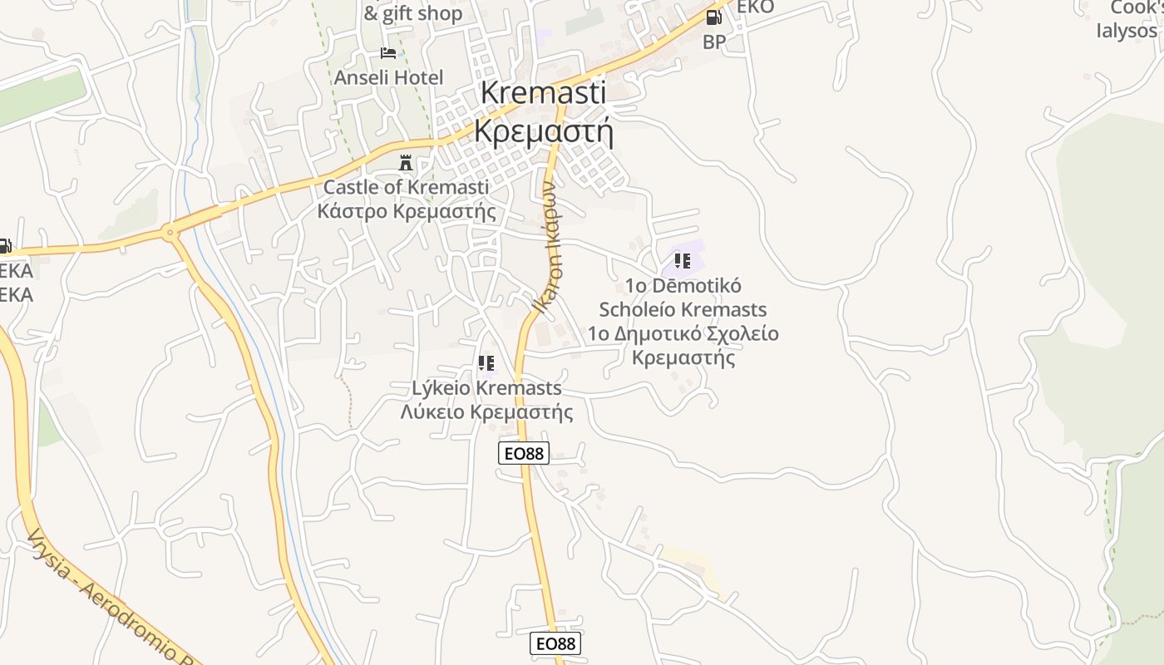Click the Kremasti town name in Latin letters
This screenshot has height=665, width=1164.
[x=543, y=92]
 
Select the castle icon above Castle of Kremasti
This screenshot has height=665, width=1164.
[x=406, y=162]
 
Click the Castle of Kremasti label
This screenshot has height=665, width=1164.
[x=406, y=187]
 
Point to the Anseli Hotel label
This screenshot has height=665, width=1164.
[x=388, y=77]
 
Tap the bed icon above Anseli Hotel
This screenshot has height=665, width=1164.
[x=388, y=53]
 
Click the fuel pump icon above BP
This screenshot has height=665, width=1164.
[x=713, y=17]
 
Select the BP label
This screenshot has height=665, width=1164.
[x=713, y=42]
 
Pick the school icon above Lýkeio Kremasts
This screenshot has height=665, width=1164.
[x=486, y=363]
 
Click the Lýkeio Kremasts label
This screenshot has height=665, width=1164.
[x=486, y=388]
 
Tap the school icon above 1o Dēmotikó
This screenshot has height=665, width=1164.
[x=683, y=261]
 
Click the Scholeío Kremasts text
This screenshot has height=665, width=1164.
[x=683, y=309]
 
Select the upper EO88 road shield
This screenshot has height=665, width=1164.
[x=524, y=453]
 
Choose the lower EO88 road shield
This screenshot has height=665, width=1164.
[x=555, y=643]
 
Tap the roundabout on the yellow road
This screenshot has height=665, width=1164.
[x=170, y=233]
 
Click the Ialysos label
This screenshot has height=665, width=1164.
[x=1127, y=31]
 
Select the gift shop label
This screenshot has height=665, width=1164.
[x=413, y=13]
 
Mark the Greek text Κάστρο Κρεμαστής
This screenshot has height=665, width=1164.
[x=406, y=211]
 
